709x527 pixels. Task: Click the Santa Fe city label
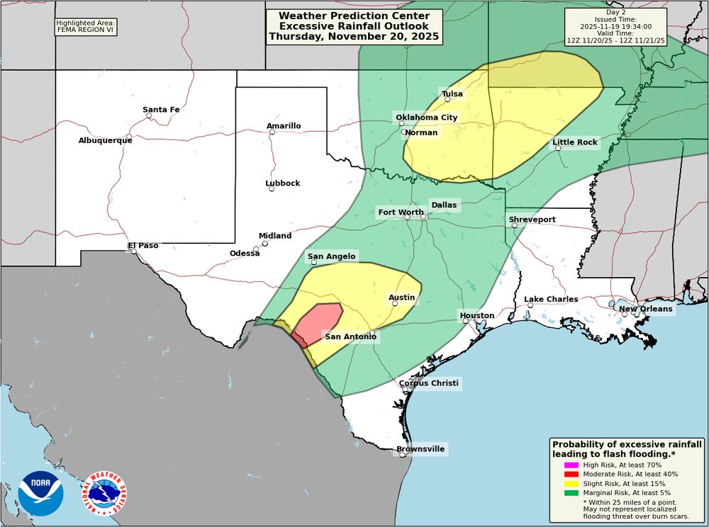(x=161, y=109)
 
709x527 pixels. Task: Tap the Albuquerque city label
(x=105, y=140)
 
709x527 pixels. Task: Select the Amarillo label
(x=284, y=126)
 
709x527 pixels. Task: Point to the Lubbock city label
(x=283, y=183)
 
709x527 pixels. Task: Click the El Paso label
(x=143, y=246)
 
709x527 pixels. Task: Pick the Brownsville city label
(x=420, y=449)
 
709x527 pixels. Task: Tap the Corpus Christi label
(x=428, y=384)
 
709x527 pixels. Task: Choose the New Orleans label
(x=645, y=310)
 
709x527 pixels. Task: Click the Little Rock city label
(x=575, y=142)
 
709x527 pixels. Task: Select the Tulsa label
(x=452, y=94)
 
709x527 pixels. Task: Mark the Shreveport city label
(x=532, y=220)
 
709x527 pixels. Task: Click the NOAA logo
(x=40, y=493)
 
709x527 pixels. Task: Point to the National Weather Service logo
(x=104, y=493)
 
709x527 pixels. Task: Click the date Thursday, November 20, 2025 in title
(x=354, y=35)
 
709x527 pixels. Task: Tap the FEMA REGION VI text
(x=85, y=30)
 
